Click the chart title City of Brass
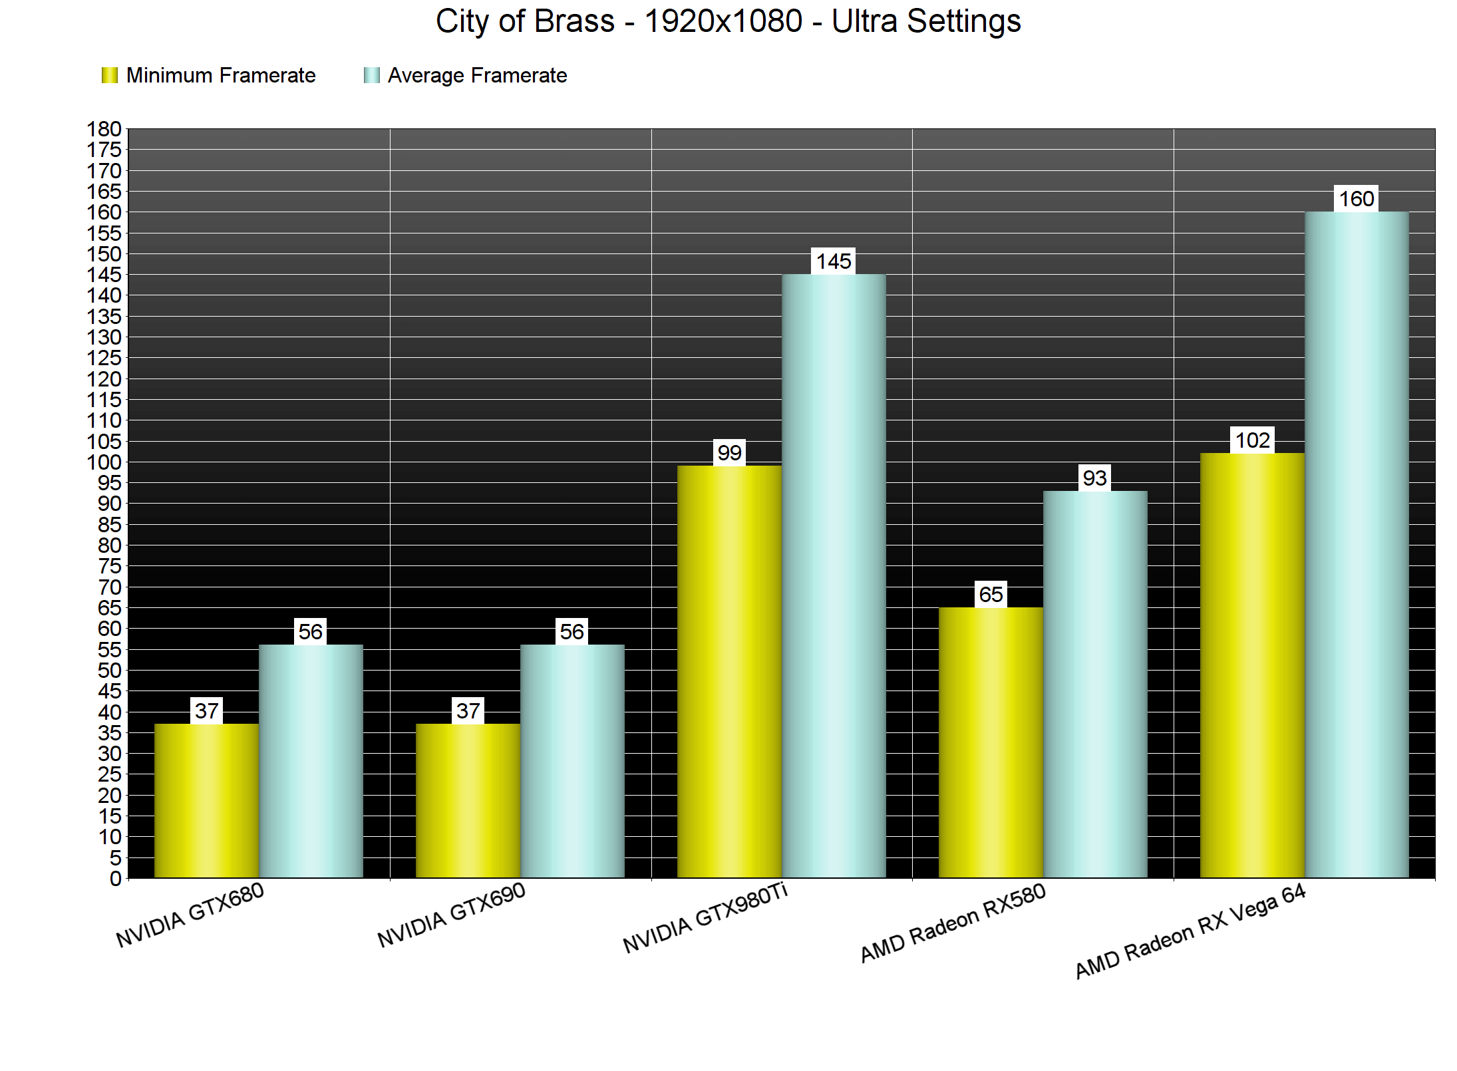[x=728, y=21]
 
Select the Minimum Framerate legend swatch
[x=109, y=75]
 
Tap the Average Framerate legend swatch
[x=371, y=75]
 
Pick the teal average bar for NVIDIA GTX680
[x=311, y=761]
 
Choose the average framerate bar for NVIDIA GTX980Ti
[x=834, y=575]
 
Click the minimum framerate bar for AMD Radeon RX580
[x=991, y=742]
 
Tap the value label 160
[x=1357, y=199]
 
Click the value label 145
[x=834, y=261]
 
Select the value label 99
[x=729, y=453]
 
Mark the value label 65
[x=991, y=595]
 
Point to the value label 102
[x=1252, y=440]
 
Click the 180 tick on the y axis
[x=104, y=129]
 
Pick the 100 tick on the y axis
[x=104, y=462]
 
